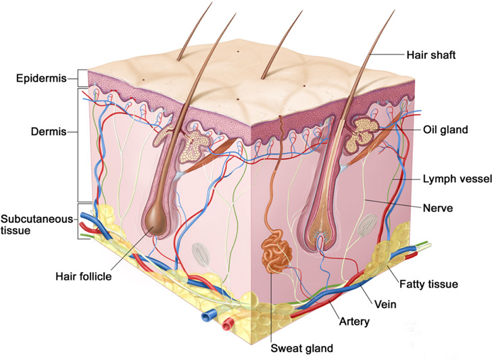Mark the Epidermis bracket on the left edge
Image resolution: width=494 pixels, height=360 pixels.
point(80,78)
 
